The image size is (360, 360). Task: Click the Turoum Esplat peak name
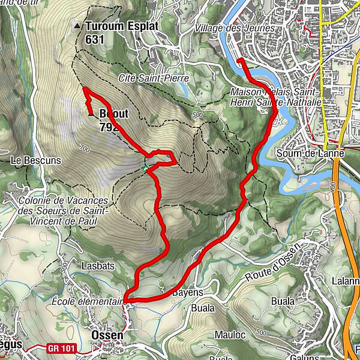point(120,26)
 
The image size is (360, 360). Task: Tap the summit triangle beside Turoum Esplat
point(77,26)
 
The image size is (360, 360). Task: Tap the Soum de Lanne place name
point(301,153)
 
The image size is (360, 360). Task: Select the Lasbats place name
point(95,264)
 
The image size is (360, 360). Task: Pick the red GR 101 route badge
point(61,347)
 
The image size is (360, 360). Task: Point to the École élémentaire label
point(88,301)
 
